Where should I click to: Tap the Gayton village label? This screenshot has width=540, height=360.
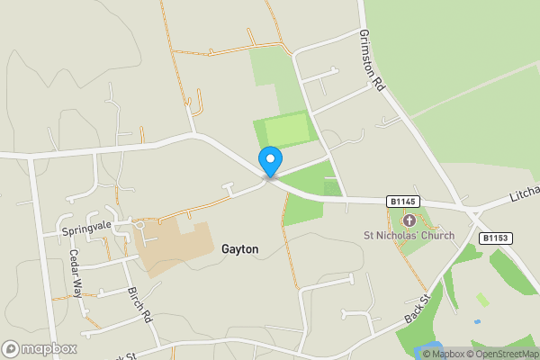pyautogui.click(x=239, y=249)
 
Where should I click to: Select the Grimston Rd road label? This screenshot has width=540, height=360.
pyautogui.click(x=372, y=58)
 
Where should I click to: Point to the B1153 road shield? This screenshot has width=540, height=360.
pyautogui.click(x=495, y=238)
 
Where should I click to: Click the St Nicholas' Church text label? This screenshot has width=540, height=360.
pyautogui.click(x=409, y=236)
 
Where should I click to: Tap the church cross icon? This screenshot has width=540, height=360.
pyautogui.click(x=409, y=220)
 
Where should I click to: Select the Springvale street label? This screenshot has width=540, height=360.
pyautogui.click(x=85, y=230)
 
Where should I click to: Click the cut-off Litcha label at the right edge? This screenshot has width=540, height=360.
pyautogui.click(x=523, y=192)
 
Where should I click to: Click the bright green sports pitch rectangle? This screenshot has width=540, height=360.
pyautogui.click(x=286, y=131)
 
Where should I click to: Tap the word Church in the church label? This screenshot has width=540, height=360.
pyautogui.click(x=436, y=236)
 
